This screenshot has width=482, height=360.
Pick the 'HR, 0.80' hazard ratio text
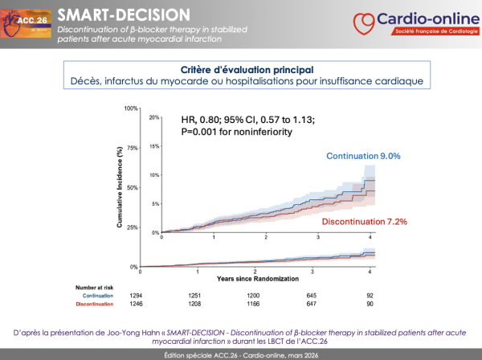click(190, 120)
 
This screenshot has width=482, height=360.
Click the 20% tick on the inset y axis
click(154, 117)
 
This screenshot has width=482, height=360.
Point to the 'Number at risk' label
click(97, 286)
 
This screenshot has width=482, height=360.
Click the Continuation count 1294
click(162, 295)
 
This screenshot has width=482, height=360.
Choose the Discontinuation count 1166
click(266, 305)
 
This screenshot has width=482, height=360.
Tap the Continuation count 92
click(370, 295)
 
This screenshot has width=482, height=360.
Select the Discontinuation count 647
click(317, 305)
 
